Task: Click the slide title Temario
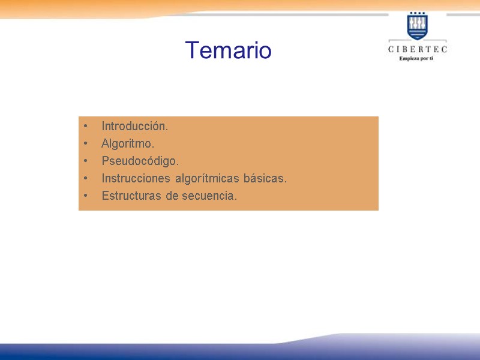[x=228, y=50]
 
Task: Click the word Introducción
[x=134, y=127]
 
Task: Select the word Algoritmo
[x=127, y=144]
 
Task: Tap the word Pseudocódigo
[x=140, y=161]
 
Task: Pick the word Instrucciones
[x=136, y=179]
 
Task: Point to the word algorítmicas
[x=208, y=179]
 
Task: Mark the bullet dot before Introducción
[x=86, y=127]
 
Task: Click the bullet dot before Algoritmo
[x=86, y=144]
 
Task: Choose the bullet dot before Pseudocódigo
[x=86, y=161]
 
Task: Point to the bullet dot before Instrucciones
[x=86, y=179]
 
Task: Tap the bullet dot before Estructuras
[x=86, y=196]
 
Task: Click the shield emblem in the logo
[x=417, y=27]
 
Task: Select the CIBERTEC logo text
[x=417, y=49]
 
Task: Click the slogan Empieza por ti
[x=417, y=58]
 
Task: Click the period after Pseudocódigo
[x=178, y=164]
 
